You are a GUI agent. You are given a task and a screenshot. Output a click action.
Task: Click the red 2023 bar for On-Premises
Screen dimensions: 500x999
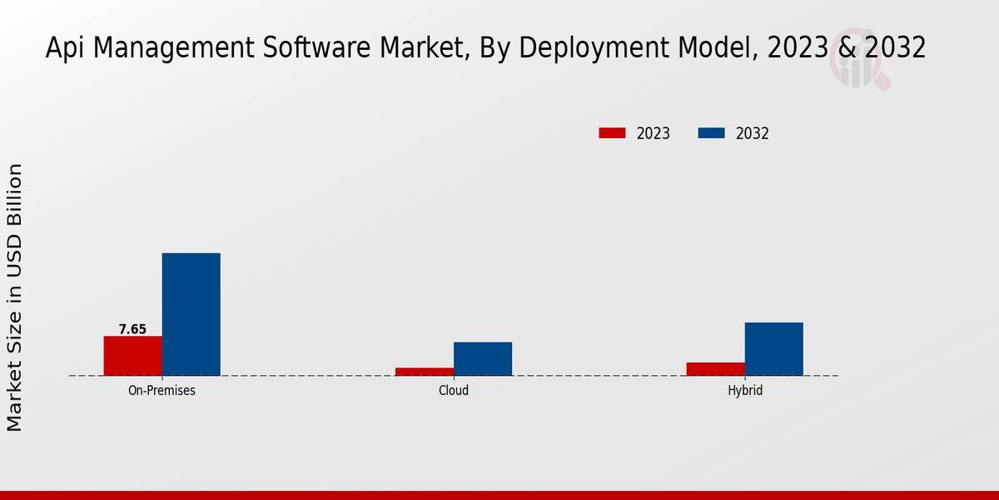(133, 356)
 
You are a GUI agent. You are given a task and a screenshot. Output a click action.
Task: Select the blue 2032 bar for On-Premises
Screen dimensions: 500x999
(191, 314)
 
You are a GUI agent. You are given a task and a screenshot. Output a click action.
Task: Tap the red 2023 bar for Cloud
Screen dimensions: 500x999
(425, 372)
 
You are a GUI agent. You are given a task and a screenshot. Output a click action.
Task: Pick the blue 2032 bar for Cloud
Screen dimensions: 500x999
(483, 358)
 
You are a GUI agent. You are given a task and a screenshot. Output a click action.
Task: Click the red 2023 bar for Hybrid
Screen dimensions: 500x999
(716, 369)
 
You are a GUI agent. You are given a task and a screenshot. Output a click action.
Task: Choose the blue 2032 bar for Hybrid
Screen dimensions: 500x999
(774, 349)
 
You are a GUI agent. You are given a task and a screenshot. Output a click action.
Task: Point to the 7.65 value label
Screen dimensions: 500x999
(132, 329)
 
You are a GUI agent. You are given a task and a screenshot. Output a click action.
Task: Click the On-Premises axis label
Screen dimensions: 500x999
(162, 390)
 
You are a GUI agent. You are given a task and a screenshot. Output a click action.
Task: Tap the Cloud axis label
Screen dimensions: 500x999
(454, 390)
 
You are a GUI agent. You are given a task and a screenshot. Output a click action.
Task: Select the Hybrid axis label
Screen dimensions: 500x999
(745, 390)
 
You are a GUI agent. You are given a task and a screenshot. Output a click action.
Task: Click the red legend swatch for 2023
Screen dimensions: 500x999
(612, 133)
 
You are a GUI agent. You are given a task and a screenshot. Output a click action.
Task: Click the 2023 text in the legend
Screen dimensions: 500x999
(654, 133)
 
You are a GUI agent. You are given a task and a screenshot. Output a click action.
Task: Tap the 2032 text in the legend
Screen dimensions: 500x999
(752, 133)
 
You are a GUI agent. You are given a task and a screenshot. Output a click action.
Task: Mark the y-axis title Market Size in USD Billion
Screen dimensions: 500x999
(15, 297)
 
